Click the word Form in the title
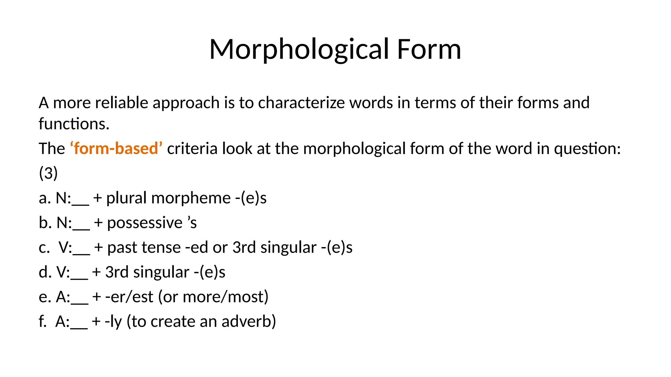coord(429,49)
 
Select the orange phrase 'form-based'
coord(116,149)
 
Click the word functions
coord(74,124)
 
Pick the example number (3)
coord(48,173)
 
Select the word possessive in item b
coord(144,223)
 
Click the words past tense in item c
coord(144,247)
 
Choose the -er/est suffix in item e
coord(129,297)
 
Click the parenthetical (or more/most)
coord(213,297)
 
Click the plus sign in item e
coord(96,297)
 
